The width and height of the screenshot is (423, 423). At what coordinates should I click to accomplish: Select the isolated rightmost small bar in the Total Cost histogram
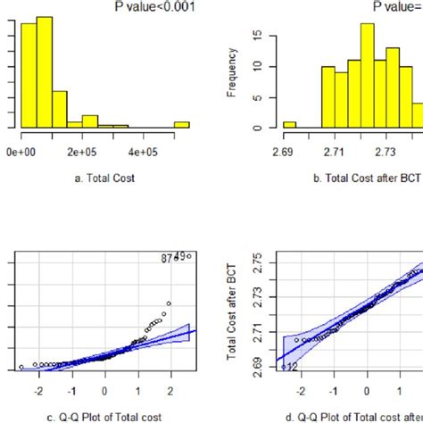(181, 124)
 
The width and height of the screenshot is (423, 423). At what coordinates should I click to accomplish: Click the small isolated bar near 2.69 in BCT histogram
(289, 125)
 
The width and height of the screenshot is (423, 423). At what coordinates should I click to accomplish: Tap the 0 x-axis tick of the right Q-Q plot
(366, 390)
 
